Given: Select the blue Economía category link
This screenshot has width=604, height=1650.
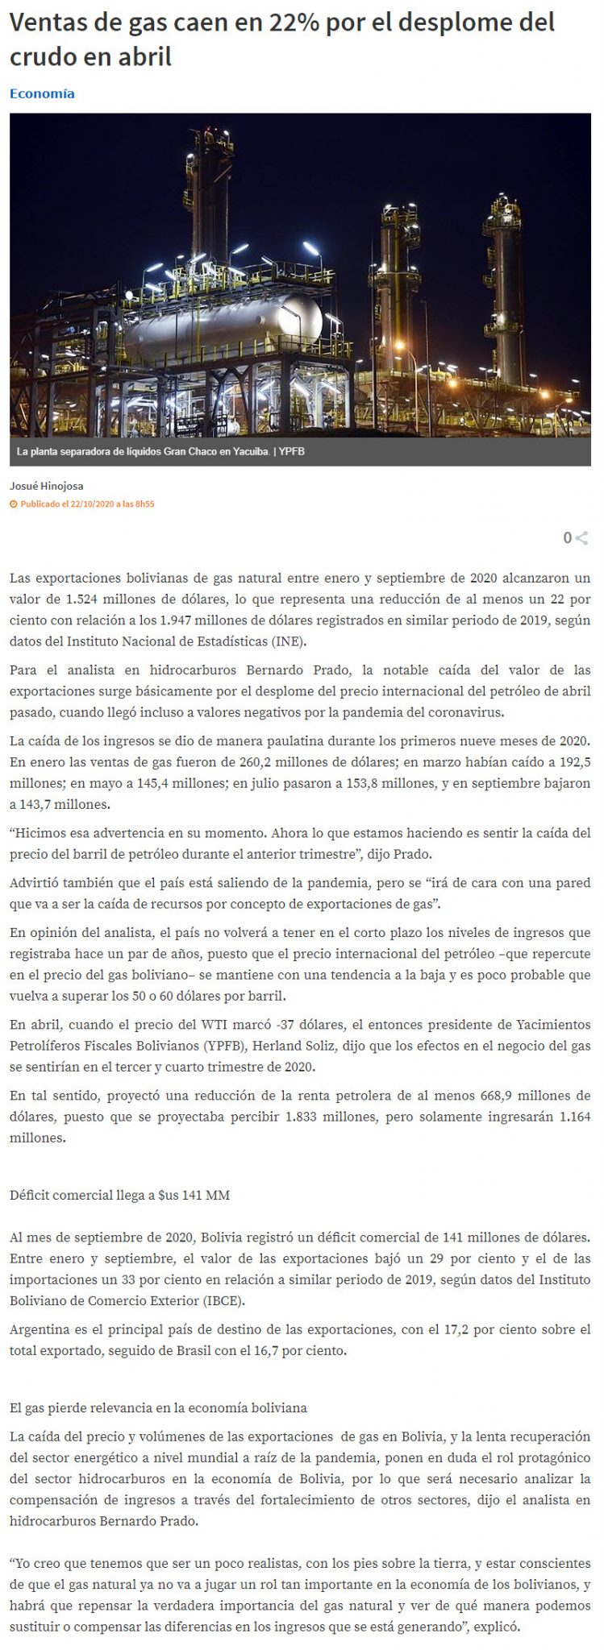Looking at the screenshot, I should tap(42, 93).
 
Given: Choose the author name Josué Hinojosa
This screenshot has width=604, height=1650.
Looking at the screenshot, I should tap(47, 486).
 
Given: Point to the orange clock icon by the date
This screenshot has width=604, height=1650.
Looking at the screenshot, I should tap(13, 504).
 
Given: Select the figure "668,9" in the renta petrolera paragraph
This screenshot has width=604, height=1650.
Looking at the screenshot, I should tap(499, 1096).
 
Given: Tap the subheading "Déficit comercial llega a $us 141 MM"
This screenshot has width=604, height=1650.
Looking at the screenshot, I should tap(119, 1195).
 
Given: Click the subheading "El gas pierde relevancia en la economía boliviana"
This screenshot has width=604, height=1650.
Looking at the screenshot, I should tap(158, 1408).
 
